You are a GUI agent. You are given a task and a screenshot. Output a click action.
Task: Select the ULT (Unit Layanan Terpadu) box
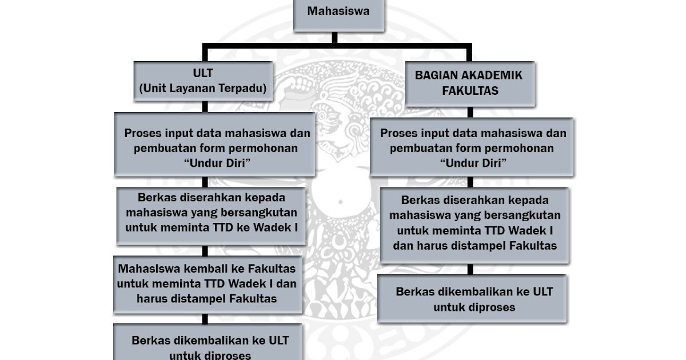pyautogui.click(x=204, y=82)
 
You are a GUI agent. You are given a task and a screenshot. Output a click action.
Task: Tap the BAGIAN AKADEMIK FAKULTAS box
pyautogui.click(x=469, y=83)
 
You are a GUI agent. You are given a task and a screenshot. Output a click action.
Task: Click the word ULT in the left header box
pyautogui.click(x=203, y=74)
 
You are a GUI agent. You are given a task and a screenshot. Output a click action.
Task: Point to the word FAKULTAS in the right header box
pyautogui.click(x=470, y=91)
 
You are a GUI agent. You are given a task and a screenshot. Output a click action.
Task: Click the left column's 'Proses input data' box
pyautogui.click(x=215, y=145)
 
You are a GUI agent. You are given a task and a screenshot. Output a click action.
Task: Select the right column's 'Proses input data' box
pyautogui.click(x=472, y=147)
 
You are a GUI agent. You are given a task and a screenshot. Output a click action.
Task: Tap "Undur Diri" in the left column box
pyautogui.click(x=217, y=162)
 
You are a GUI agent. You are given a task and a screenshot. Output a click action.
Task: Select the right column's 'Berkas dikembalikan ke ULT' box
pyautogui.click(x=472, y=299)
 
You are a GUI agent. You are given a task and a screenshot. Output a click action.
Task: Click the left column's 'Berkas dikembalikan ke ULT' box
pyautogui.click(x=210, y=346)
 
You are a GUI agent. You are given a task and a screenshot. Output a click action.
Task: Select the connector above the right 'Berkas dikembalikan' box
pyautogui.click(x=469, y=269)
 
